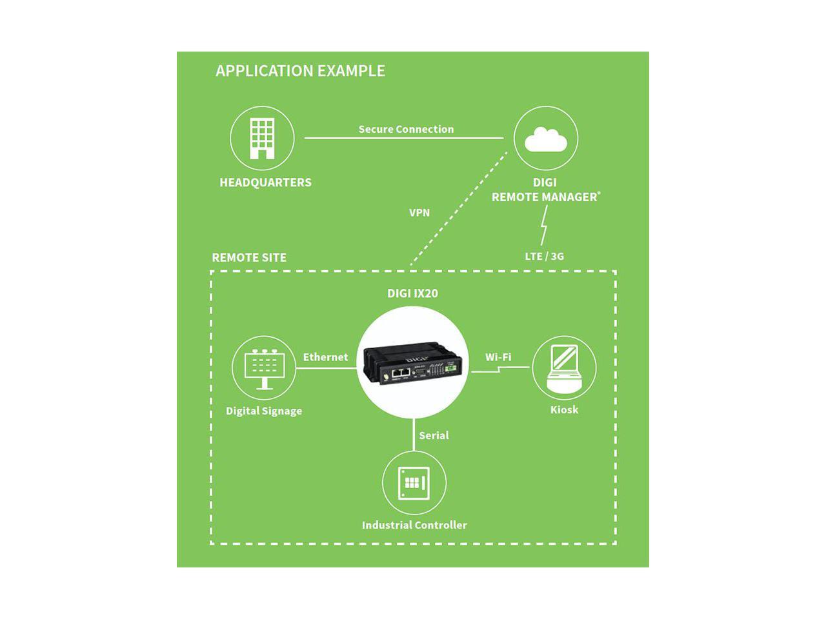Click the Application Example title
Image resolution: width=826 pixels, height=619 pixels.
coord(300,71)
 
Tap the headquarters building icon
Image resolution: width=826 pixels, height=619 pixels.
coord(262,138)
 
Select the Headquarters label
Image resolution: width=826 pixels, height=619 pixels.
coord(265,182)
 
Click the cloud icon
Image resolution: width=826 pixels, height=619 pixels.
coord(546,139)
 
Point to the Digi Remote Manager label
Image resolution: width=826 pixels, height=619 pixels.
coord(545,190)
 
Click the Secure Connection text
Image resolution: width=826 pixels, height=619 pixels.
coord(406,129)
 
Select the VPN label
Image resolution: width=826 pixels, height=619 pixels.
coord(419,213)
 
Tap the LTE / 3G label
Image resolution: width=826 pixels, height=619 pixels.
coord(544,256)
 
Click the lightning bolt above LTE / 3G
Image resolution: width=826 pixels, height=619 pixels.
coord(543,225)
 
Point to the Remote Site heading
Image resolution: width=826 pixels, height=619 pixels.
coord(249,257)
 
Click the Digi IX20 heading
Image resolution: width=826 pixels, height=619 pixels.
coord(412,293)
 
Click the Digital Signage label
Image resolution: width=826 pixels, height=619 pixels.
coord(264,411)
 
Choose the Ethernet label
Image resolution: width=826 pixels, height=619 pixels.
coord(325,357)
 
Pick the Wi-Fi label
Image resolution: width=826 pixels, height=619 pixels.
coord(498,357)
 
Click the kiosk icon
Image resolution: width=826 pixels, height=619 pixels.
coord(563,368)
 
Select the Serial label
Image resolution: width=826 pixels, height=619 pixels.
coord(434,436)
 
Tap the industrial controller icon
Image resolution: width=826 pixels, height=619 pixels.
coord(414,483)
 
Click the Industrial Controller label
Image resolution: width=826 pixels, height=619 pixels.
coord(414,525)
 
